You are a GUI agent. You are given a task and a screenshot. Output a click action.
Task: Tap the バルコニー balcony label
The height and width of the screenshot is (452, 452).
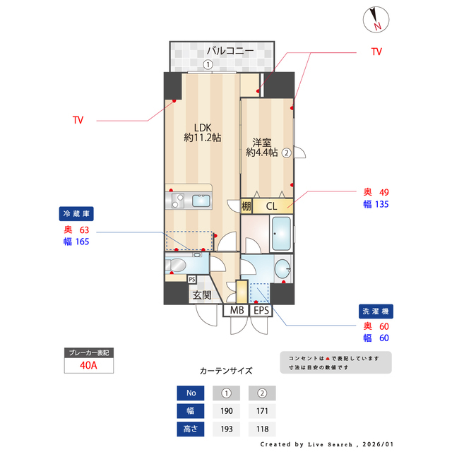[x=230, y=51]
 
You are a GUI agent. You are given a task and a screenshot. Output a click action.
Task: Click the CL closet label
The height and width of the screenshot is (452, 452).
[x=272, y=206]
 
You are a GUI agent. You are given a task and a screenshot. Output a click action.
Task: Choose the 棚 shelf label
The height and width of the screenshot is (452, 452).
[x=246, y=206]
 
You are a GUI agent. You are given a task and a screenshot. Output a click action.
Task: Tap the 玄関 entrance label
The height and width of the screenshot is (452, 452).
[x=201, y=295]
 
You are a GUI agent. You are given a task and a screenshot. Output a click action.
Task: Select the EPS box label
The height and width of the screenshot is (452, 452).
[x=261, y=310]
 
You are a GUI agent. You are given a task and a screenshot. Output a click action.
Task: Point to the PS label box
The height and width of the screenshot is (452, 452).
[x=192, y=278]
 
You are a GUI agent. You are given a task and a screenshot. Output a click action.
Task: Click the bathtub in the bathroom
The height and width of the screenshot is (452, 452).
[x=281, y=234]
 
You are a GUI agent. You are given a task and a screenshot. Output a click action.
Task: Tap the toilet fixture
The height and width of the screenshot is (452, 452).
[x=176, y=265]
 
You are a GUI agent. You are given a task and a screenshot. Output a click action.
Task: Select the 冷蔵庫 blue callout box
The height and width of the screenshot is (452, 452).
[x=77, y=213]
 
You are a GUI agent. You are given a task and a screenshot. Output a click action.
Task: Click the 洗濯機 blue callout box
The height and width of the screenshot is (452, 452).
[x=374, y=311]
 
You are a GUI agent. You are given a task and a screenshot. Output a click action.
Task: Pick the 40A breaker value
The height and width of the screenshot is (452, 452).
[x=88, y=366]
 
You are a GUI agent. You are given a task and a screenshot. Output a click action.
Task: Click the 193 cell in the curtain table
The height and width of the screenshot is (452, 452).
[x=227, y=429]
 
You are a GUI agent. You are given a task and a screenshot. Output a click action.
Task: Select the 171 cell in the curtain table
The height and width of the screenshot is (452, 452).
[x=262, y=411]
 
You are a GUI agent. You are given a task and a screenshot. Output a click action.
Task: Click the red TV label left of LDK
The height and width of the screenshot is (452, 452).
[x=78, y=121]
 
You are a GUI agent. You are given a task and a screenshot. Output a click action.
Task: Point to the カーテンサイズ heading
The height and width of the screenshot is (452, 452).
[x=226, y=370]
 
